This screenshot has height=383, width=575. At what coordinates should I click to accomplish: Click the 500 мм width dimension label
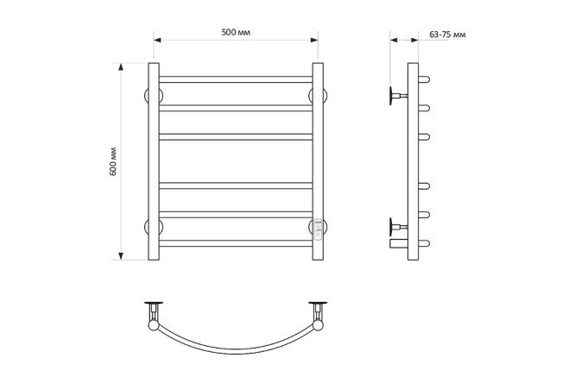coord(236,32)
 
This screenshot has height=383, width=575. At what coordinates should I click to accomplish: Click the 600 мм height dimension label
coord(113,161)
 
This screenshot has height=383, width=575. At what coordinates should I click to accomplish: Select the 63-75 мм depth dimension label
coord(447,35)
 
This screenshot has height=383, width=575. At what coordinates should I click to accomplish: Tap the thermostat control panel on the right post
coord(318,229)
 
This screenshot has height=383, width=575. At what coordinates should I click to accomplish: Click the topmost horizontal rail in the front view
coord(236,79)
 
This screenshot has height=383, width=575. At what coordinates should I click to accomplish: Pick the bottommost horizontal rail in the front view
coord(236,243)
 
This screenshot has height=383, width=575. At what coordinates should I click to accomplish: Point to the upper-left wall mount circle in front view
coord(154,96)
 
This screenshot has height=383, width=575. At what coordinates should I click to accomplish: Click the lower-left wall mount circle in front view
coord(154,227)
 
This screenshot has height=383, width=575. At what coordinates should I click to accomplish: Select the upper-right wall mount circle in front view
coord(318,96)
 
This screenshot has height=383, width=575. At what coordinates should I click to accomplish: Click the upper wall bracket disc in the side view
coord(391,96)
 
